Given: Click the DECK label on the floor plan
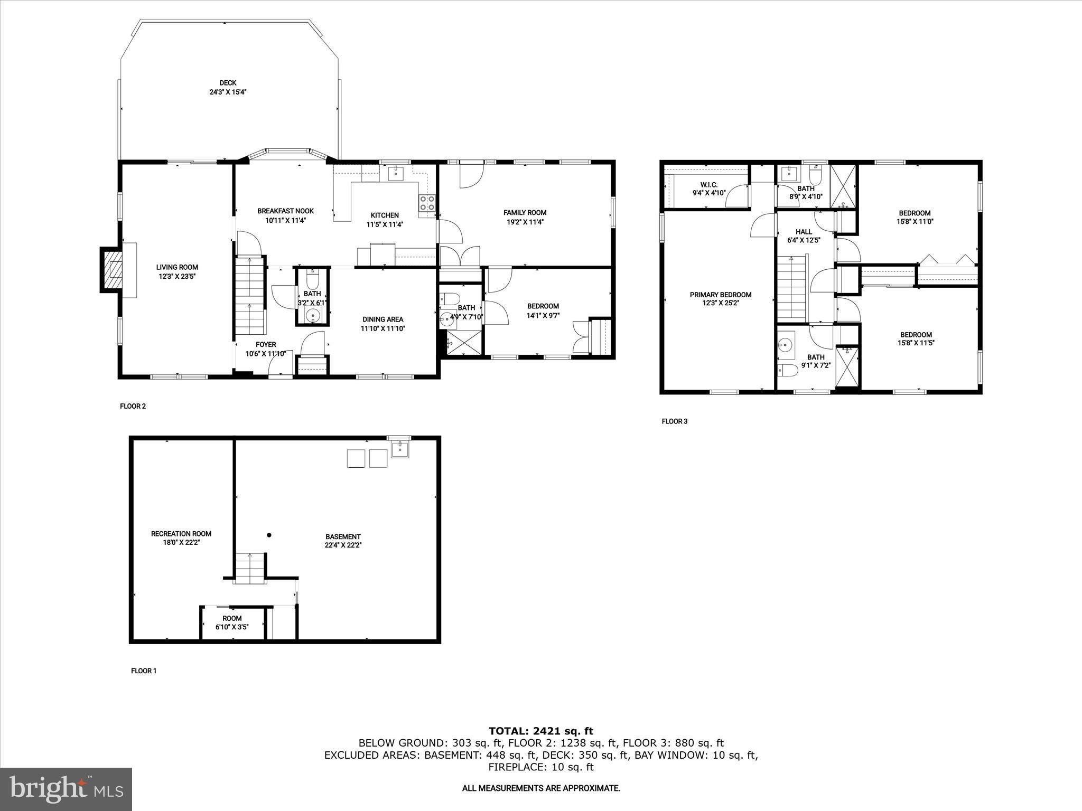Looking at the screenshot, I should point(228,83).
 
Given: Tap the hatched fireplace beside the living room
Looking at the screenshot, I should point(112,270).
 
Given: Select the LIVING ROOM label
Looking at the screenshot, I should point(177,267).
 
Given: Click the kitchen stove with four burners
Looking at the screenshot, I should point(427,203).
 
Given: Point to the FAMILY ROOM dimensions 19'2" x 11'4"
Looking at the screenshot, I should point(525,222).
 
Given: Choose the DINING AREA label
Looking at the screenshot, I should point(383,319).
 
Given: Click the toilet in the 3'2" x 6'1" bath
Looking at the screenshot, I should point(313,279).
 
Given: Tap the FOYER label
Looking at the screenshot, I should point(266,344).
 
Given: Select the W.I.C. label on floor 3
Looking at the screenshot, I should point(708,184).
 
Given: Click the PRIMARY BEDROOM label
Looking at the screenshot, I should point(720,295).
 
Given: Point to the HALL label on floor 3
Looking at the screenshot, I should point(804,232).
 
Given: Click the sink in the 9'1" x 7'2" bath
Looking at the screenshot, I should point(786,345).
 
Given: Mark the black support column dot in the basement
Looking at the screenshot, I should point(269,535).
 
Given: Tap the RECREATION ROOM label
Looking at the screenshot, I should point(181,533).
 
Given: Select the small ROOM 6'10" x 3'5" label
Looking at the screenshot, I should point(232,618).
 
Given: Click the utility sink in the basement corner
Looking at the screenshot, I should point(399,449).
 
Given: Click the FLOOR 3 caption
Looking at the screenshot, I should point(674,421).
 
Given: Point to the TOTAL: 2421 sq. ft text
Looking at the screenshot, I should point(540,731).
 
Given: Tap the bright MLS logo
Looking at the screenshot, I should point(66,789).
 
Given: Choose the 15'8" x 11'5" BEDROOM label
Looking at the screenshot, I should point(916,334).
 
